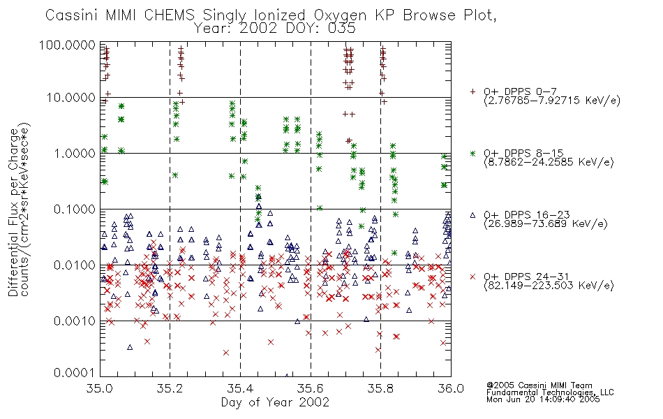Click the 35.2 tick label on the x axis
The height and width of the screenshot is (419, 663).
[x=170, y=388]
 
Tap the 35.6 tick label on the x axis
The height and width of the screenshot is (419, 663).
[x=311, y=388]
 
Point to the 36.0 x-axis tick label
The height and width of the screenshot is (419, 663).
[x=451, y=388]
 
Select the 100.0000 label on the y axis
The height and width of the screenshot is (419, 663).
[x=68, y=45]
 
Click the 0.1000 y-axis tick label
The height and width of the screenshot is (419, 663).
[x=75, y=209]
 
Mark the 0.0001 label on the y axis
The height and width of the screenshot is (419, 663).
[x=75, y=372]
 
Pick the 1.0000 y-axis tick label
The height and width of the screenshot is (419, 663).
[x=75, y=153]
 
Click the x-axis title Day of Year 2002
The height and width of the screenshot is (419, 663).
[x=275, y=402]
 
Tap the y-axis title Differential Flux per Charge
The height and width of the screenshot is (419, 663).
[x=13, y=212]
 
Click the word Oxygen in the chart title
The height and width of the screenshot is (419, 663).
[x=340, y=15]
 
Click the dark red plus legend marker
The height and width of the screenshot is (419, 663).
[x=472, y=91]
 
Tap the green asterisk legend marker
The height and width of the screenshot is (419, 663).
[x=472, y=153]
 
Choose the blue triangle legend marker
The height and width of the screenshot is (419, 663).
[x=472, y=215]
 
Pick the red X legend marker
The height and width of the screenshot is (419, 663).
[x=472, y=277]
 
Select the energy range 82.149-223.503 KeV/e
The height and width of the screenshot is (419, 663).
[x=549, y=286]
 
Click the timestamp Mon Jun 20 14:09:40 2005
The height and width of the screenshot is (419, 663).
[x=543, y=399]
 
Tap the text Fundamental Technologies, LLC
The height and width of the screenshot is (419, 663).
[x=550, y=392]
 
